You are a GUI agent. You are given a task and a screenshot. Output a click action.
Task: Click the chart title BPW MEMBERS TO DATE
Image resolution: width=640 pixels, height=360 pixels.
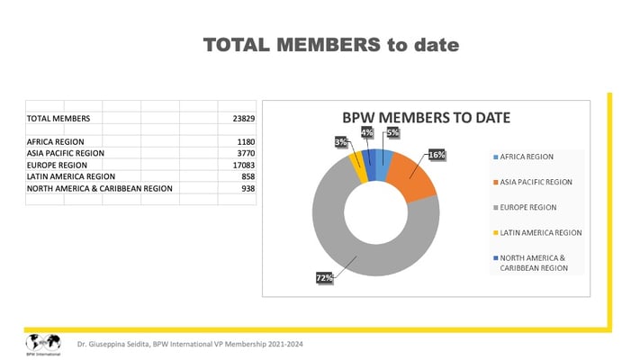[x=426, y=118]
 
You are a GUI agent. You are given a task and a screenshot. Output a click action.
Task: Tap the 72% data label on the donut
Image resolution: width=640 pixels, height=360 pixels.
[x=324, y=278]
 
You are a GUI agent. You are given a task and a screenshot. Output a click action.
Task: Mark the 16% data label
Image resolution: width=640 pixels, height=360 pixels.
[x=437, y=155]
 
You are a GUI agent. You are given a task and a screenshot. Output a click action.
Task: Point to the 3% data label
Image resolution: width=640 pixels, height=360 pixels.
[x=342, y=142]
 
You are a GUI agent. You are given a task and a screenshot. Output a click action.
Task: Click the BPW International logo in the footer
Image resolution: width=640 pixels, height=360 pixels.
[x=42, y=343]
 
